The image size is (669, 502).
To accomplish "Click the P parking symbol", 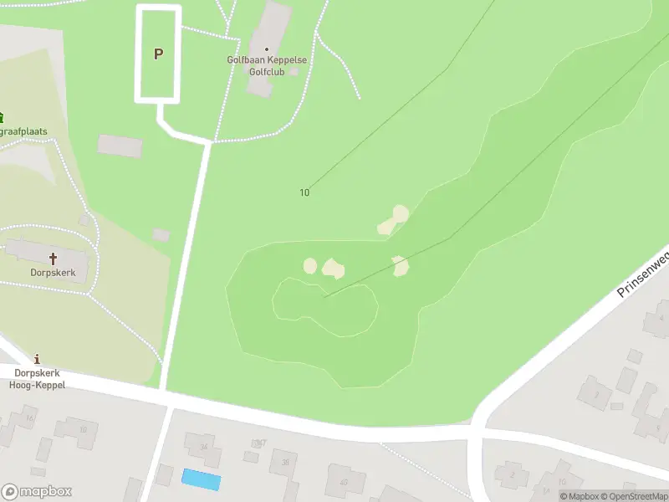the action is (x=158, y=54).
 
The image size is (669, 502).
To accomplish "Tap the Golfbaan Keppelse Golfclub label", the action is (x=267, y=65).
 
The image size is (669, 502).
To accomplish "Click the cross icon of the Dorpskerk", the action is (x=54, y=259).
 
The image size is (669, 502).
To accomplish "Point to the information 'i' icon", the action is (x=37, y=358).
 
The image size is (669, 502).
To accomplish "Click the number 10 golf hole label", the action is (x=304, y=192).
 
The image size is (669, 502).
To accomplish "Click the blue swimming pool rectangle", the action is (x=202, y=480).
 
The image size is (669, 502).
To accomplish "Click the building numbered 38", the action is (x=285, y=462).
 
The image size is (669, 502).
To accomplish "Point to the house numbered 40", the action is (x=344, y=481).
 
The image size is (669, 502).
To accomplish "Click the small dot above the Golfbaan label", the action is (x=267, y=49).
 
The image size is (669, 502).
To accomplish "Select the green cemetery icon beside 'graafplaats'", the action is (x=2, y=117).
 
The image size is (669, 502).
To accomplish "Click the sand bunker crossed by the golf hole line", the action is (x=401, y=266).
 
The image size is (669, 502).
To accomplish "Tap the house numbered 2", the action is (x=512, y=475).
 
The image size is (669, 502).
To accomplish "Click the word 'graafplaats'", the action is (x=23, y=132).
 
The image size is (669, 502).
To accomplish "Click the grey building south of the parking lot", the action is (x=120, y=146).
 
